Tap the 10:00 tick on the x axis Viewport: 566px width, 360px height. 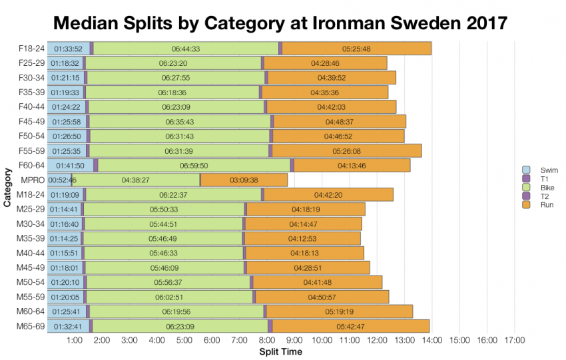(322, 341)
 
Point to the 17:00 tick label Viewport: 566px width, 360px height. (514, 341)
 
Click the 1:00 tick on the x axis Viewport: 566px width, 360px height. (75, 341)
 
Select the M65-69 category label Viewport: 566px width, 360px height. (30, 326)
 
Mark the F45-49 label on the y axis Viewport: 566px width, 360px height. (31, 122)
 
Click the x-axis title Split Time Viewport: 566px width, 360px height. (280, 351)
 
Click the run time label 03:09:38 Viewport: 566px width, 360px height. (244, 180)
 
